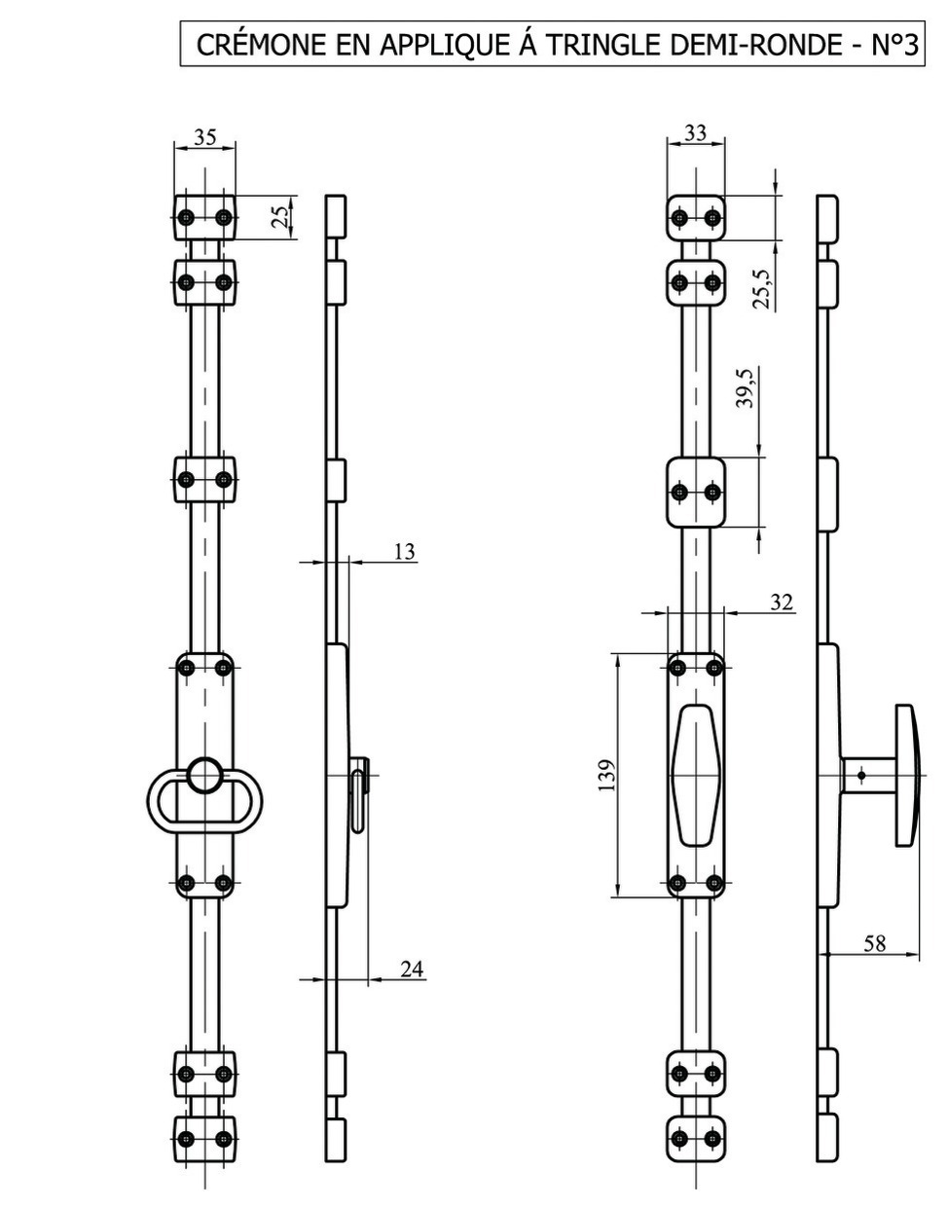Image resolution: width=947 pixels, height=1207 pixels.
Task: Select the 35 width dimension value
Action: click(205, 136)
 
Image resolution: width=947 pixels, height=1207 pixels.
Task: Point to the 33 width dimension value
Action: click(695, 132)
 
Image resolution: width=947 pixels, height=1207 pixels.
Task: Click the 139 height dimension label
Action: click(607, 775)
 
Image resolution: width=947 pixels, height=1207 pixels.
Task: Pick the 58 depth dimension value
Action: click(875, 943)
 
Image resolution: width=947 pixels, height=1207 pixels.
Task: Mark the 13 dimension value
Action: click(405, 552)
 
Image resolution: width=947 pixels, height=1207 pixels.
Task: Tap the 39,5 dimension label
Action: click(745, 388)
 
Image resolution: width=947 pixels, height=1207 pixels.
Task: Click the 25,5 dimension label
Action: click(760, 289)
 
